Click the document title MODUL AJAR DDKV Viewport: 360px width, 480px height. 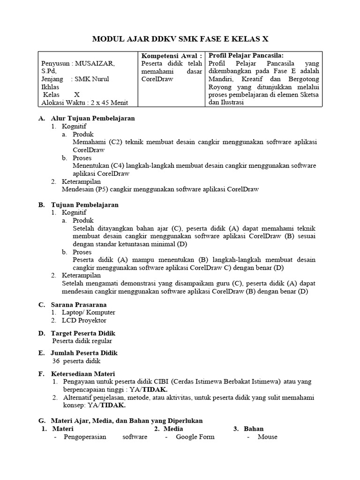pyautogui.click(x=180, y=39)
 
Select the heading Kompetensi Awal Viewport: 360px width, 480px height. pyautogui.click(x=172, y=55)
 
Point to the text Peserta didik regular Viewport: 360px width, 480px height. pyautogui.click(x=82, y=341)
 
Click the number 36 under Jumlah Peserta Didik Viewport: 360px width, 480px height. pyautogui.click(x=56, y=361)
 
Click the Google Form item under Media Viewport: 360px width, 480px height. pyautogui.click(x=195, y=437)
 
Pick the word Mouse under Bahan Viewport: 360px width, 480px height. pyautogui.click(x=267, y=437)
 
